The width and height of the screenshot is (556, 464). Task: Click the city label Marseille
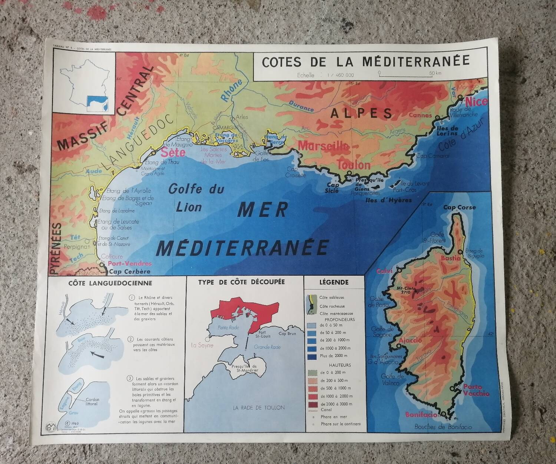pos(324,146)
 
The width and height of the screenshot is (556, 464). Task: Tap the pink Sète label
pos(173,152)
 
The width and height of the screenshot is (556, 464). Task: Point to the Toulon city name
pos(354,165)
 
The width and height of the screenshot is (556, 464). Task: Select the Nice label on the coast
pos(476,102)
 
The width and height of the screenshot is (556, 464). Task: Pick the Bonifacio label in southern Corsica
pos(421,414)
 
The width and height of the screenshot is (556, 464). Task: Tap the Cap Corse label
pos(459,208)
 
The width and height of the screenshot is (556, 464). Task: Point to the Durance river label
pos(301,106)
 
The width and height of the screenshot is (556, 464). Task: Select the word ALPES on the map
pos(361,113)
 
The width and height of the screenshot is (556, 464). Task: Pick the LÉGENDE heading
pos(334,282)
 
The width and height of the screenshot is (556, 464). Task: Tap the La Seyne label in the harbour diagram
pos(202,345)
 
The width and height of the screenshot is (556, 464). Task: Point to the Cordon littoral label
pos(92,402)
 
